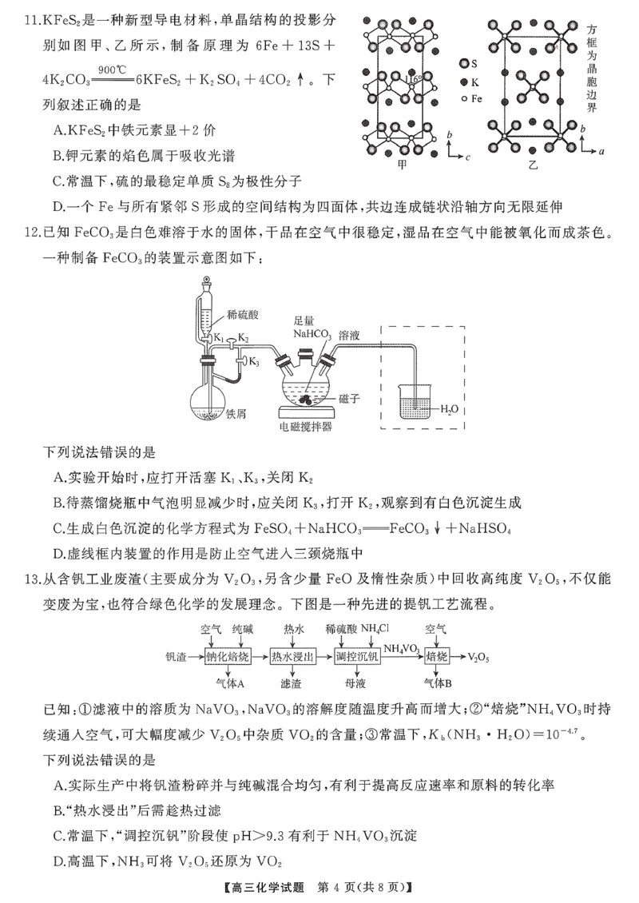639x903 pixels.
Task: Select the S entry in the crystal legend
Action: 470,63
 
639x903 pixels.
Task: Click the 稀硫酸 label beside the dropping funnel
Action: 241,312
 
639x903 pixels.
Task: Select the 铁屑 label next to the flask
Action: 236,414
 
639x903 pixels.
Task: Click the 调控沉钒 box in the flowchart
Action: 356,656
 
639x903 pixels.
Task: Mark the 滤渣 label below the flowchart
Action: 291,684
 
